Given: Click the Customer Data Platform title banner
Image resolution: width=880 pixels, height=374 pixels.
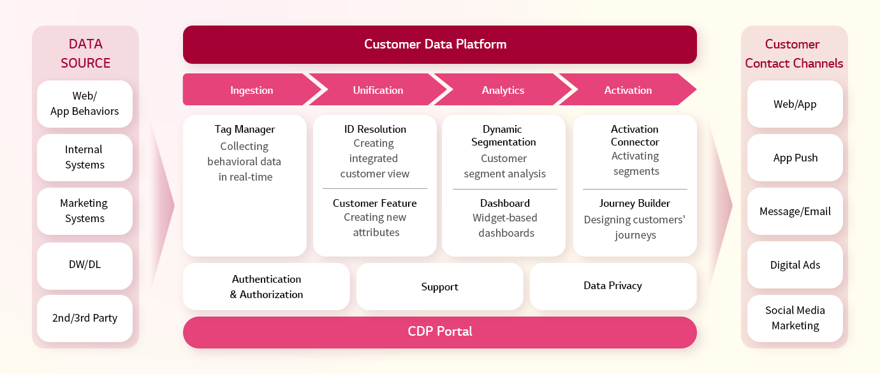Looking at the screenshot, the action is pyautogui.click(x=439, y=45).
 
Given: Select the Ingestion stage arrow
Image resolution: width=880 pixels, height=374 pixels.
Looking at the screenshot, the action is pyautogui.click(x=251, y=89).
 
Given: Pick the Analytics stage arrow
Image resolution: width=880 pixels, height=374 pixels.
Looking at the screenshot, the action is pyautogui.click(x=503, y=89).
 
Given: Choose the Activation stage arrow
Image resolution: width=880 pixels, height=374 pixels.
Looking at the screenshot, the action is pyautogui.click(x=627, y=89).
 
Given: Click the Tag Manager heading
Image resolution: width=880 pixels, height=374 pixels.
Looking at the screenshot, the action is pyautogui.click(x=245, y=129).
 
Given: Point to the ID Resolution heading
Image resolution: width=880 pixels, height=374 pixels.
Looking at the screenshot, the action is pyautogui.click(x=375, y=129).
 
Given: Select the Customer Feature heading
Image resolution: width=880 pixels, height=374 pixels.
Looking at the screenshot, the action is pyautogui.click(x=374, y=203).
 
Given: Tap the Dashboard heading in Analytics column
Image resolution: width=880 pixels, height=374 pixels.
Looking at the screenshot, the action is pyautogui.click(x=505, y=203).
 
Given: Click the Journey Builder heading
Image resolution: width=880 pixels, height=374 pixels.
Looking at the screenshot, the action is pyautogui.click(x=634, y=204).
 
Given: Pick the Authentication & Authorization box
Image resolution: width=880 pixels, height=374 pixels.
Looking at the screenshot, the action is pyautogui.click(x=267, y=287).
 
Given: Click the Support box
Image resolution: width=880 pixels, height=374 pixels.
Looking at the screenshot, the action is pyautogui.click(x=439, y=287).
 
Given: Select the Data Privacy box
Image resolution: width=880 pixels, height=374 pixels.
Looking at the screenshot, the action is pyautogui.click(x=613, y=287).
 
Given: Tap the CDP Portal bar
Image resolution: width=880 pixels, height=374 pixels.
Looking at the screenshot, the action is pyautogui.click(x=439, y=332).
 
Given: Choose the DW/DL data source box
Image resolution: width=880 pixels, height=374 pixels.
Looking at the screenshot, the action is pyautogui.click(x=85, y=266).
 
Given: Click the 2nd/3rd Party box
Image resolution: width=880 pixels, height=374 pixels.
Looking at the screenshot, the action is pyautogui.click(x=85, y=318).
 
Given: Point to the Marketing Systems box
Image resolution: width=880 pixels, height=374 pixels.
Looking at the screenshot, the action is pyautogui.click(x=85, y=211).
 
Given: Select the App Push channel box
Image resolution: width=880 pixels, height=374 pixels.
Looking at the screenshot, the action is pyautogui.click(x=795, y=158).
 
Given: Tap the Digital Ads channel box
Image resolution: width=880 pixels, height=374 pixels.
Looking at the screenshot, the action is pyautogui.click(x=795, y=265).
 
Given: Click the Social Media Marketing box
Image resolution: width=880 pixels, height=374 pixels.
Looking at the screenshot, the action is pyautogui.click(x=795, y=318).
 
